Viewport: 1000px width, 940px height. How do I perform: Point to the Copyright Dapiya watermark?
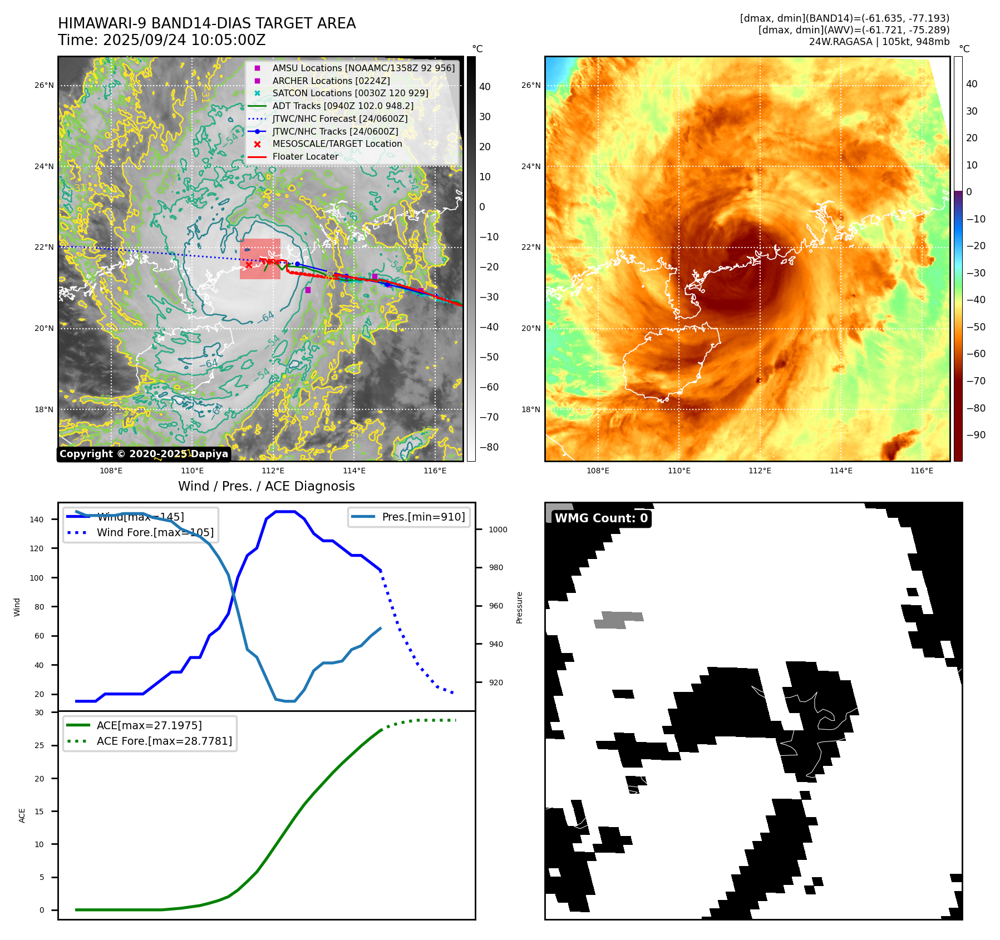pyautogui.click(x=144, y=454)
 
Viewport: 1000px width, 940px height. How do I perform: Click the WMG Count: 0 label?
pyautogui.click(x=601, y=518)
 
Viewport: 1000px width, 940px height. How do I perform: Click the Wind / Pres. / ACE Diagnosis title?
pyautogui.click(x=266, y=486)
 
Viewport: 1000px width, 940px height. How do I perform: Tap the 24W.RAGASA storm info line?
pyautogui.click(x=879, y=42)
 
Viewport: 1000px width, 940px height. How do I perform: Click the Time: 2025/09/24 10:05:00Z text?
pyautogui.click(x=161, y=41)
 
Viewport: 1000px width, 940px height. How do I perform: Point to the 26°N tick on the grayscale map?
pyautogui.click(x=45, y=86)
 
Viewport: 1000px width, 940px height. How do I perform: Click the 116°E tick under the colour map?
pyautogui.click(x=922, y=471)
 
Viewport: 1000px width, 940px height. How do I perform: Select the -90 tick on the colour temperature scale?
pyautogui.click(x=976, y=435)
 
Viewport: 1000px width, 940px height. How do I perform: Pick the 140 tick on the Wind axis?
pyautogui.click(x=37, y=520)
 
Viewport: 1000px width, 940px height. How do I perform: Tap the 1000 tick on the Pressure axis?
pyautogui.click(x=497, y=530)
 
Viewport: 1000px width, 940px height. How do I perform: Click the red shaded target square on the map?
pyautogui.click(x=260, y=259)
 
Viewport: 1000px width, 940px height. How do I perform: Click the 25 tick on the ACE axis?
pyautogui.click(x=40, y=746)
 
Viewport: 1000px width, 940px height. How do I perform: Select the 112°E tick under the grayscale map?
pyautogui.click(x=273, y=471)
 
